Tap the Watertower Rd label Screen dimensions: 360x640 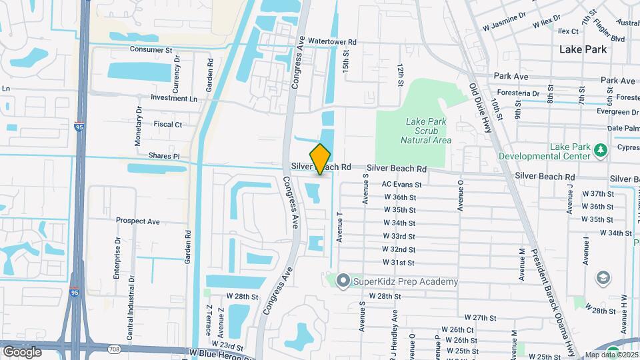[x=332, y=41]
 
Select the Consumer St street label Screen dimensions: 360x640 [x=151, y=49]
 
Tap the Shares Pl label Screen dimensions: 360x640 [x=164, y=156]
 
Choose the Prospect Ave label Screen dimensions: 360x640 [x=137, y=221]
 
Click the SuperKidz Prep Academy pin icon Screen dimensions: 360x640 [x=343, y=281]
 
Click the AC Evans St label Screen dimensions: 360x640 [x=401, y=184]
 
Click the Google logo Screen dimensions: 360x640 [x=22, y=351]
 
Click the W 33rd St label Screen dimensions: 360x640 [x=399, y=236]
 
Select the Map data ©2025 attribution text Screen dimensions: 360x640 [x=611, y=355]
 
